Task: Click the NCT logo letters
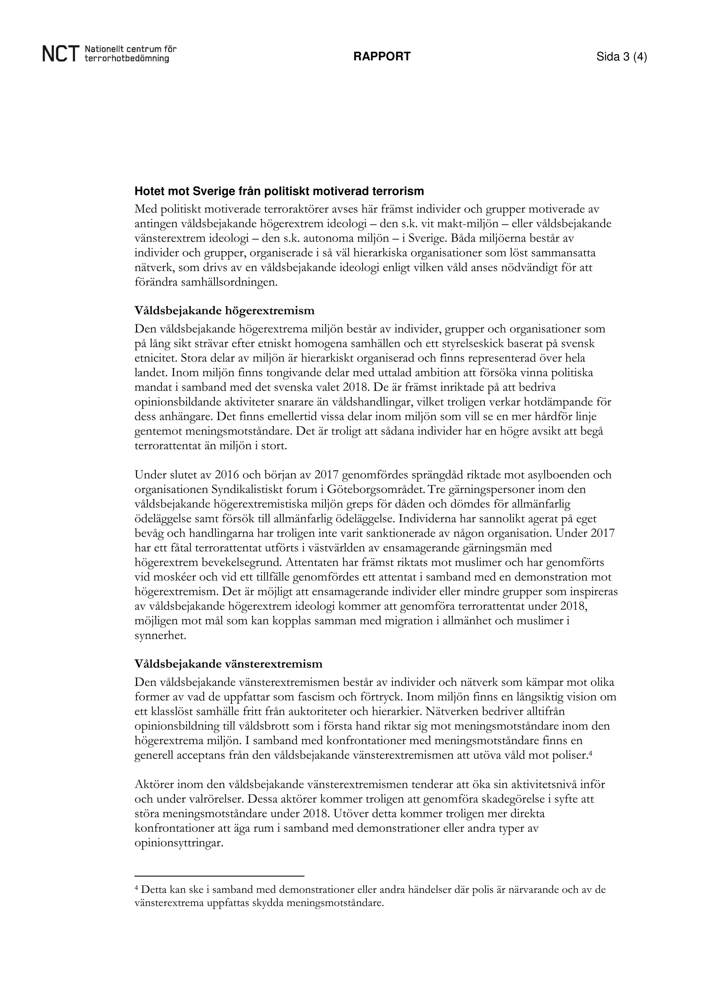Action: coord(61,55)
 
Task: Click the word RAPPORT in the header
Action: coord(382,57)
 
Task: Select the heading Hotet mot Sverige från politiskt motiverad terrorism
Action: coord(279,191)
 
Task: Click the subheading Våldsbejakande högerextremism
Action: coord(224,310)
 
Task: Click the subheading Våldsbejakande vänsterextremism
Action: coord(228,664)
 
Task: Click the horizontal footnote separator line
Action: coord(219,876)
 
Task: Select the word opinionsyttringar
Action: coord(178,843)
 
